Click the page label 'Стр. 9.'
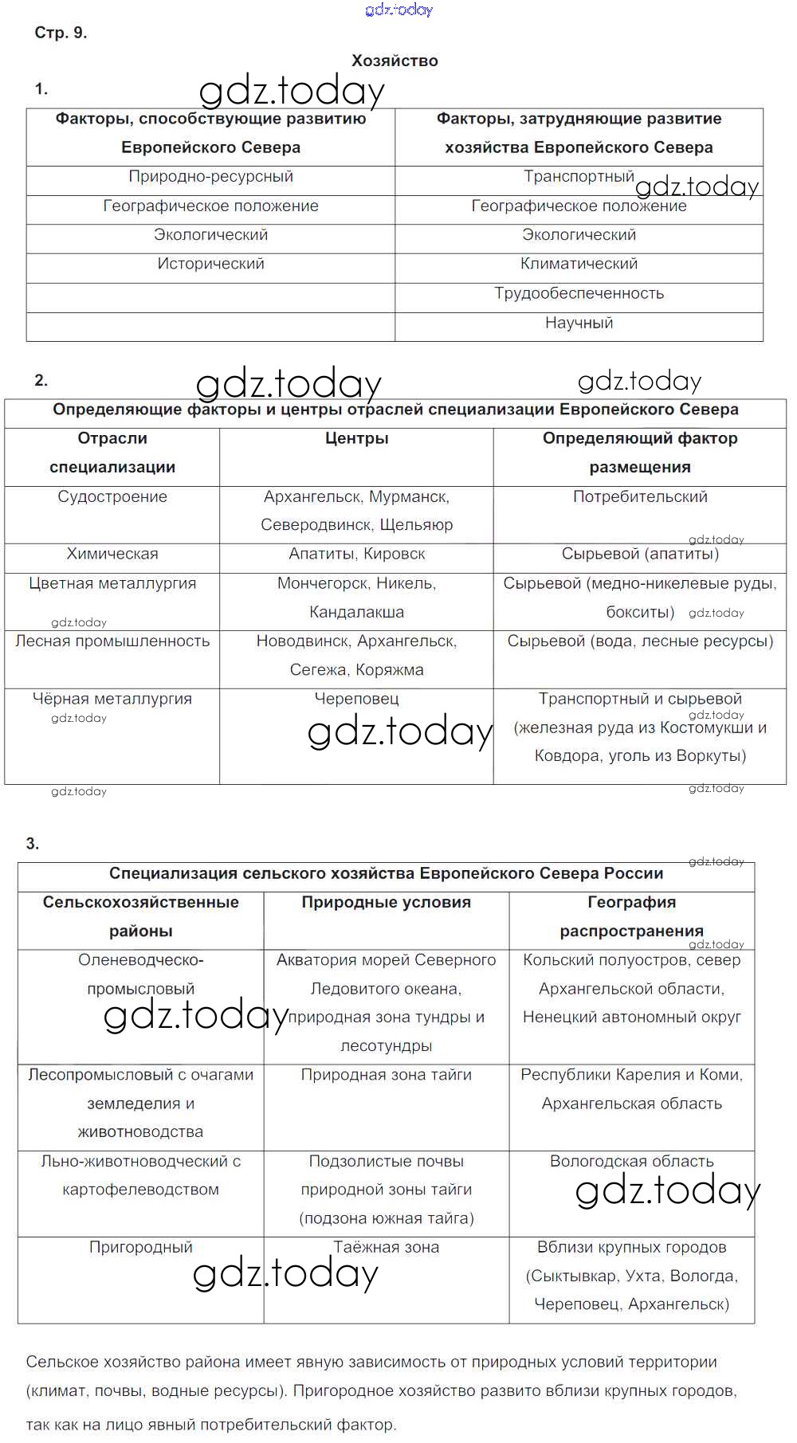pos(61,33)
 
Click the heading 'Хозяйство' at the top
pos(395,61)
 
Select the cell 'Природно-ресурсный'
pos(210,176)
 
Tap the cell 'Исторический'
pos(210,264)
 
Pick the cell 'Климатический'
pos(579,264)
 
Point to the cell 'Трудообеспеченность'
pos(579,293)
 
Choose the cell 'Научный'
pos(579,323)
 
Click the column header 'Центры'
pos(356,438)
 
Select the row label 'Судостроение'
pos(112,496)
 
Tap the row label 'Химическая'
pos(112,554)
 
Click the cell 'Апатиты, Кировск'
pos(356,554)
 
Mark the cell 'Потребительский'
pos(640,496)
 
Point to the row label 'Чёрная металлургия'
pos(112,699)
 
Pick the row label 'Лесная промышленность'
pos(112,641)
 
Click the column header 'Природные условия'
pos(386,902)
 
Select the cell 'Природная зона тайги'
pos(386,1075)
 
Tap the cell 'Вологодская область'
pos(631,1161)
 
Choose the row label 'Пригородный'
pos(141,1247)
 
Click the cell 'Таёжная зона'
pos(386,1247)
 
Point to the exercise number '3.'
pos(33,844)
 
